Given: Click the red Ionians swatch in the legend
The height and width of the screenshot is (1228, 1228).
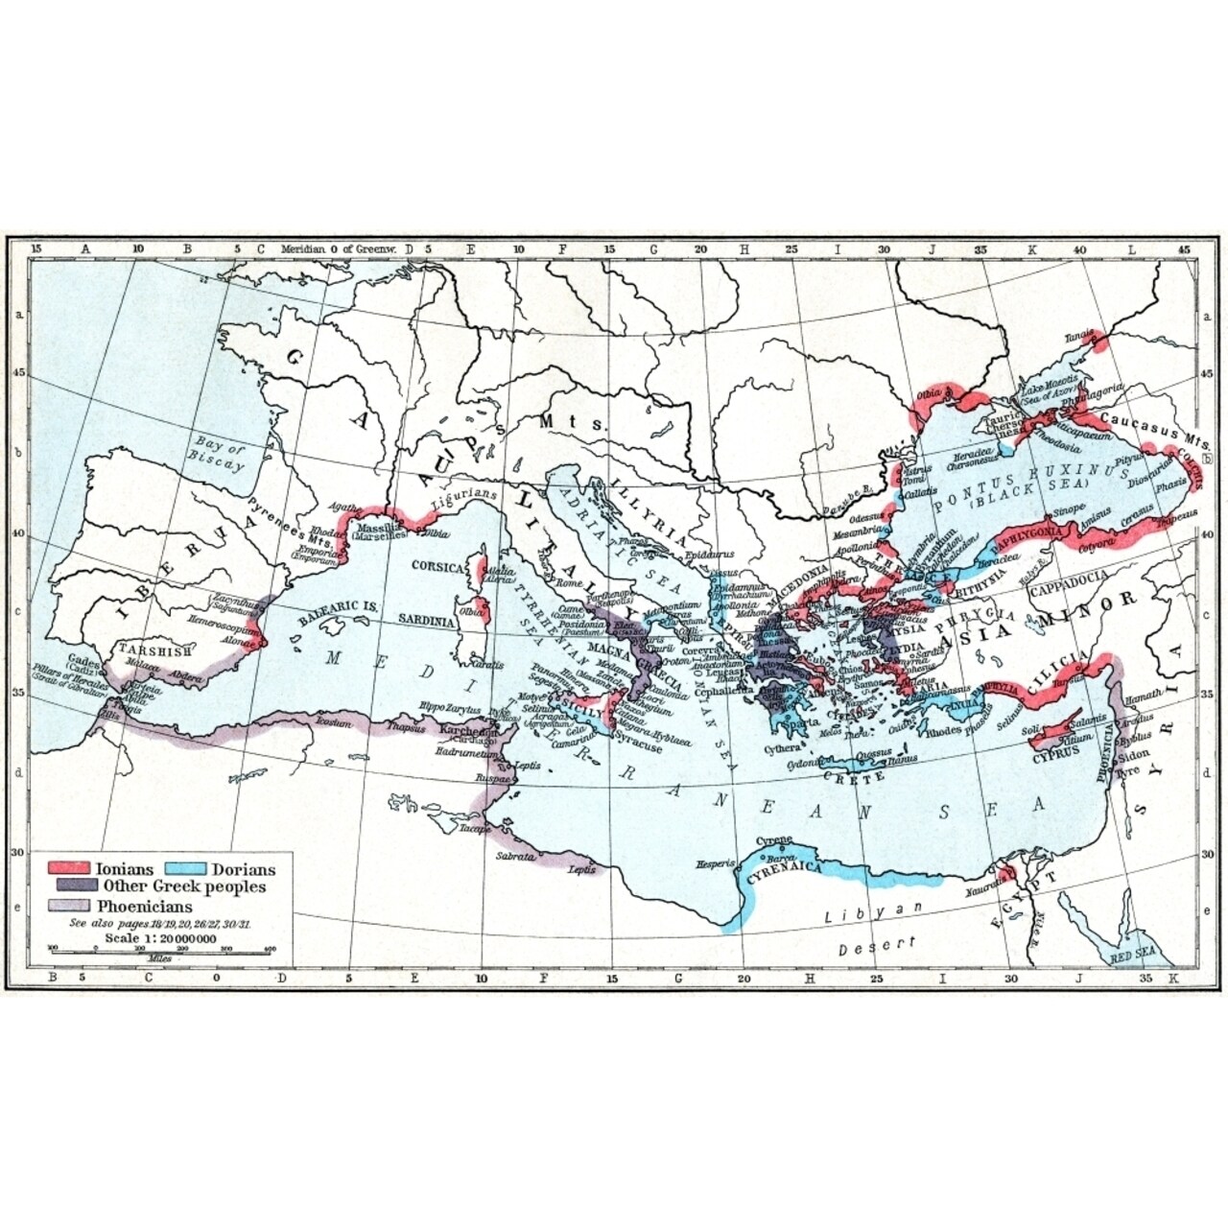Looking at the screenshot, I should pos(72,869).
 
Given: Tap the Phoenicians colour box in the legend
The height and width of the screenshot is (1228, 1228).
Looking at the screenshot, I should pos(72,906).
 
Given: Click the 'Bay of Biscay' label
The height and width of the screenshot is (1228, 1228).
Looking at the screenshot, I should pos(219,454).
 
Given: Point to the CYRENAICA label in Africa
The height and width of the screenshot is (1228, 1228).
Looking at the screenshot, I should pos(791,865).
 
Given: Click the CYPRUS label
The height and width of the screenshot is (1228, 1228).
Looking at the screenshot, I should pos(1055,749).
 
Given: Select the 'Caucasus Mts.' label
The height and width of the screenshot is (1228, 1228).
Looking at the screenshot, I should pos(1145,421).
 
